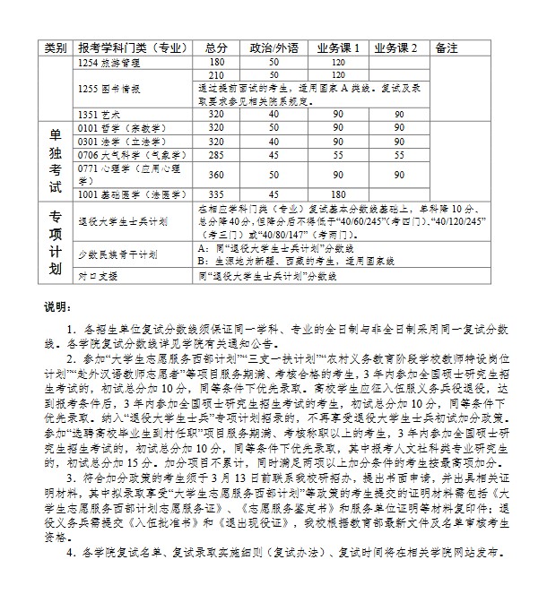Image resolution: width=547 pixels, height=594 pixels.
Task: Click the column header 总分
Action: (216, 47)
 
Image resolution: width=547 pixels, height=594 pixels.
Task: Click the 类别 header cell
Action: (55, 47)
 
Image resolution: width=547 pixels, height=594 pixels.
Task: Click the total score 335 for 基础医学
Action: (216, 194)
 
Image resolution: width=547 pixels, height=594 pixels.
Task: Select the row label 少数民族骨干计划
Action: (117, 254)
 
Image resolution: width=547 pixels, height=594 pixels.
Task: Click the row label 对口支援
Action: (99, 276)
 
